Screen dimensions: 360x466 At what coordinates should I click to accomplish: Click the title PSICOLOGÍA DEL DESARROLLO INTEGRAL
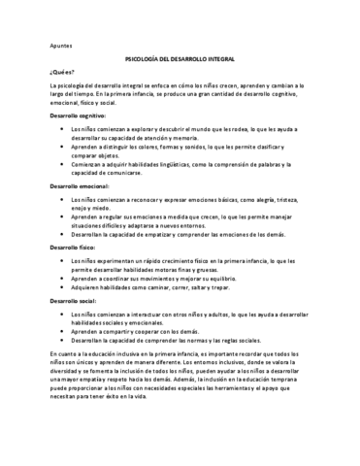[x=180, y=58]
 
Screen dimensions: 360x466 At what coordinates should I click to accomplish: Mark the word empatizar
[x=173, y=235]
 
